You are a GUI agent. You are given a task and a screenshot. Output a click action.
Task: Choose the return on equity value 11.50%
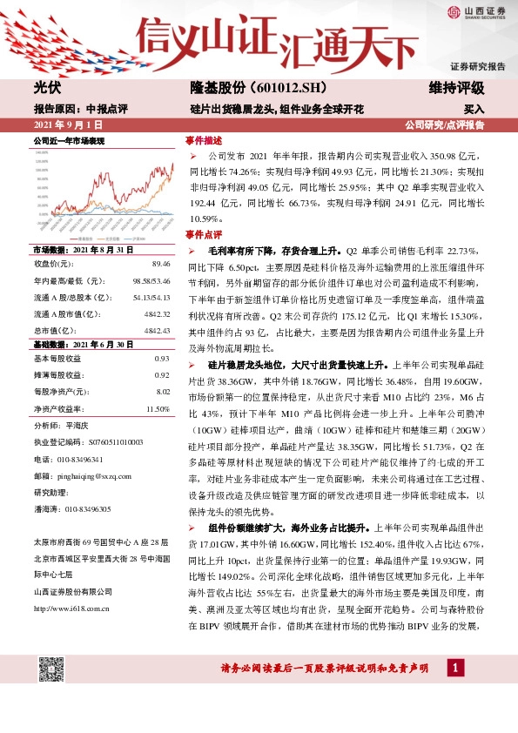pos(158,408)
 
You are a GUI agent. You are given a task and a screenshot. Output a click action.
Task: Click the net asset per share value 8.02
pos(161,392)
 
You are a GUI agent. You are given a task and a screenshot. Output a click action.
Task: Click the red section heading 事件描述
pos(203,140)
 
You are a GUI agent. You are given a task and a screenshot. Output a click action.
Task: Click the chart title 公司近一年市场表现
pos(68,140)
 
